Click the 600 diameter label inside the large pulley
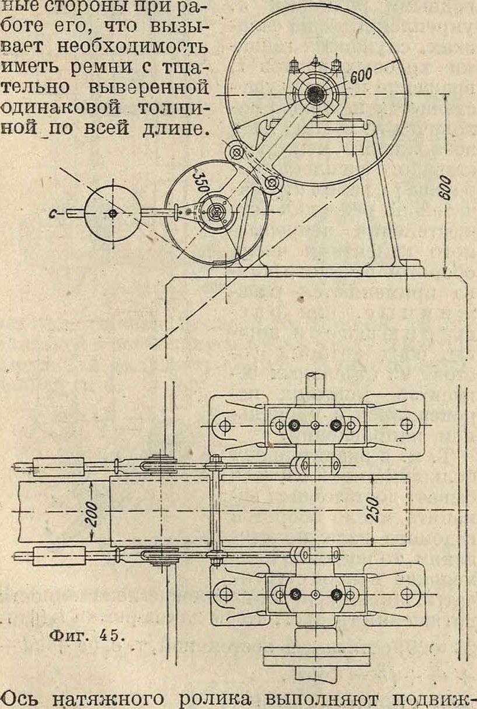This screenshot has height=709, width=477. [362, 73]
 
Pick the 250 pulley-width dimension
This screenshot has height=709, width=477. [376, 510]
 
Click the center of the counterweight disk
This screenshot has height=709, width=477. [112, 214]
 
